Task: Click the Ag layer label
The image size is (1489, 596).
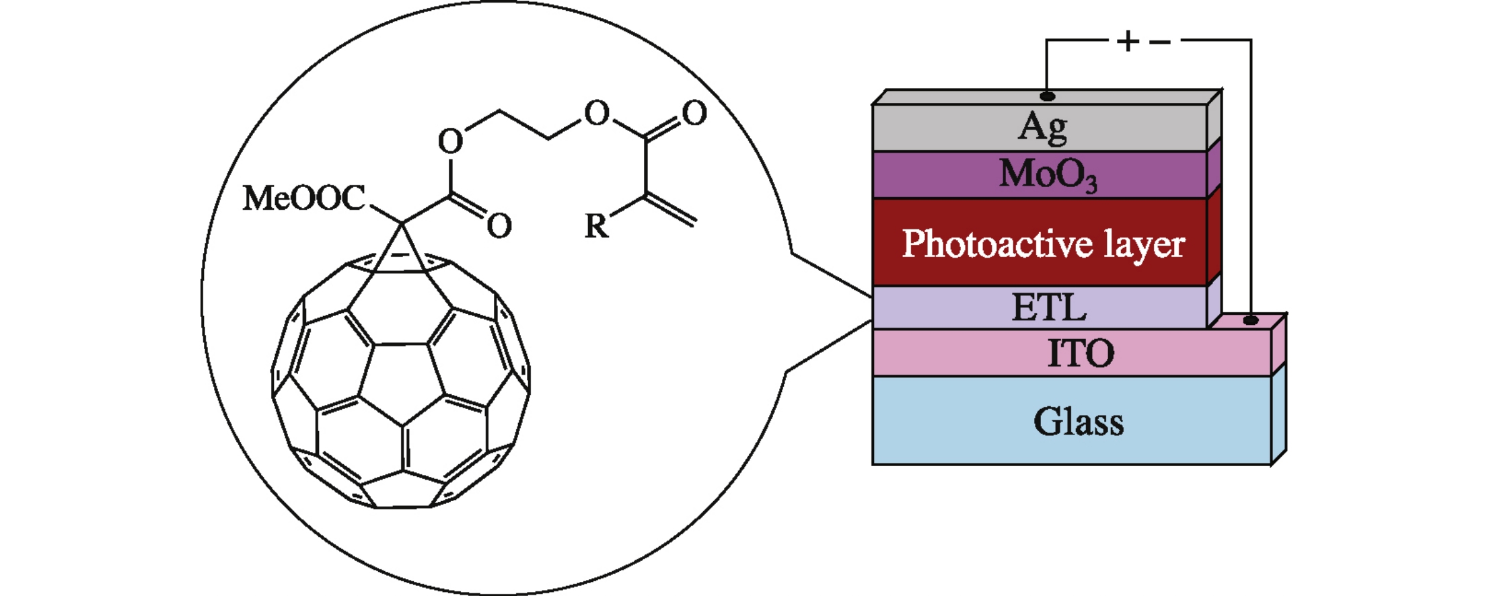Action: click(x=1042, y=127)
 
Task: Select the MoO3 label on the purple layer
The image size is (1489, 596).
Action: click(x=1048, y=175)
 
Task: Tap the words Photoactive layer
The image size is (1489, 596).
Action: click(x=1043, y=244)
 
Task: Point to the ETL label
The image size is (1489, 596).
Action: click(x=1049, y=307)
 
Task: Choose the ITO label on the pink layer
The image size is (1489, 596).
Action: click(x=1081, y=353)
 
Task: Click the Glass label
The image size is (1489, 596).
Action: click(x=1079, y=422)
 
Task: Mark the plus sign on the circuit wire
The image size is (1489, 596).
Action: click(x=1128, y=42)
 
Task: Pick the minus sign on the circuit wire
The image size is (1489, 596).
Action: click(x=1160, y=42)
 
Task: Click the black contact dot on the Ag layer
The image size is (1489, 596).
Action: click(x=1047, y=96)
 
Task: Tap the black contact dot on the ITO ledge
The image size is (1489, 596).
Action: click(x=1250, y=320)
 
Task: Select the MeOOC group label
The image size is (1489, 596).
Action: click(x=304, y=198)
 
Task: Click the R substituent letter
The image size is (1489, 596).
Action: click(x=596, y=226)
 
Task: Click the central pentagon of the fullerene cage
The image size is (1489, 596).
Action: click(x=402, y=380)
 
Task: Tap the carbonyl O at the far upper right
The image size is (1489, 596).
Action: click(x=694, y=113)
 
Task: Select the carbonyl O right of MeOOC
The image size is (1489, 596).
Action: click(x=499, y=226)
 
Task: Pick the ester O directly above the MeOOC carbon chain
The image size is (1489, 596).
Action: click(x=450, y=142)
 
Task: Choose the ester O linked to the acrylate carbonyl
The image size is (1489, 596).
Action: click(x=596, y=114)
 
